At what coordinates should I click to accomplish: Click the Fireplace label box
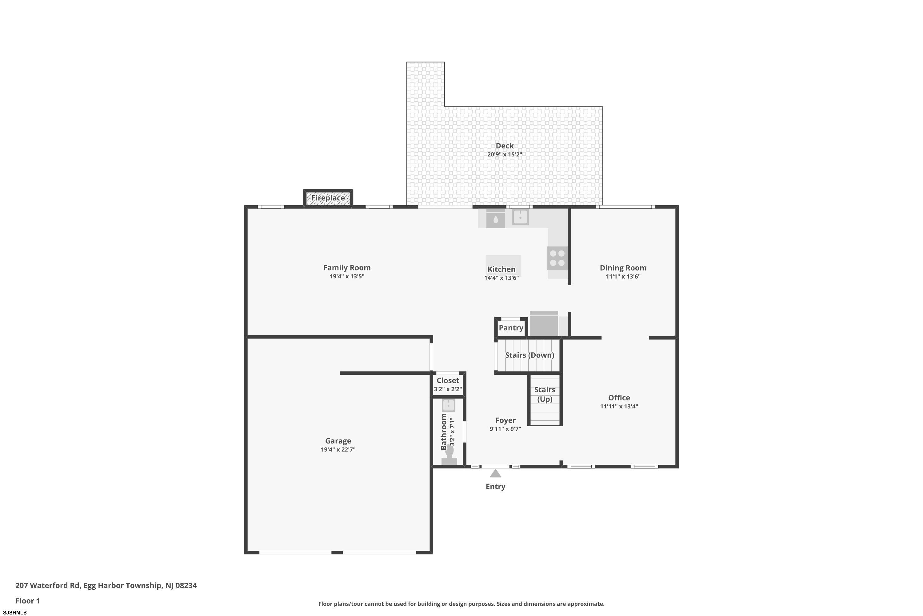[328, 198]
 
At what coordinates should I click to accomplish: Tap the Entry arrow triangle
[495, 473]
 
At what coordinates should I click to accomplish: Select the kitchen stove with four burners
[557, 258]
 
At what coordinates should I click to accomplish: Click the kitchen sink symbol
[520, 217]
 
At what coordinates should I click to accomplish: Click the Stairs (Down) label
[529, 355]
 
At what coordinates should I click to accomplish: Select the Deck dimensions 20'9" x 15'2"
[504, 154]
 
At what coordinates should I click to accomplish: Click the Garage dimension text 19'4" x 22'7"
[338, 449]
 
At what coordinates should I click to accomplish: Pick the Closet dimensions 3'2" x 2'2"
[448, 389]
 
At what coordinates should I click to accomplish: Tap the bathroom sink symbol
[448, 405]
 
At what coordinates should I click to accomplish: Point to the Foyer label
[505, 420]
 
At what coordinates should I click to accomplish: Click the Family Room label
[347, 268]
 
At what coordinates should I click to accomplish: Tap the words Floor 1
[27, 601]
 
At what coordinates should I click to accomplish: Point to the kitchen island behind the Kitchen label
[503, 265]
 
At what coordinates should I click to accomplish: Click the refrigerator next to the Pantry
[544, 324]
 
